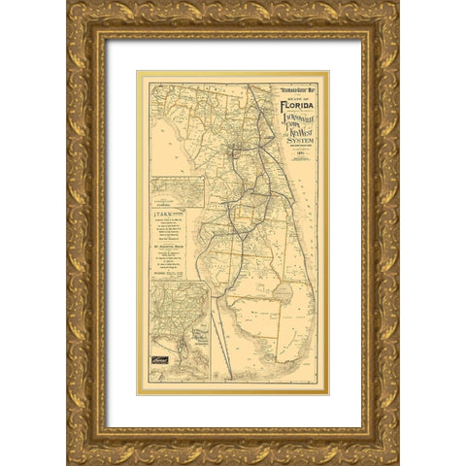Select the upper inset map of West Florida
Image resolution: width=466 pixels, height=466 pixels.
(x=176, y=191)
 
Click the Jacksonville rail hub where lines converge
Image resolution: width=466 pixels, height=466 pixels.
(x=237, y=150)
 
